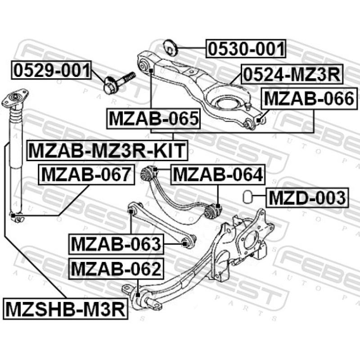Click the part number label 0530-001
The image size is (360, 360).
pyautogui.click(x=246, y=49)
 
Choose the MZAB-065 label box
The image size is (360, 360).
pyautogui.click(x=153, y=119)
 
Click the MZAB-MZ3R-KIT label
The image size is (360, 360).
pyautogui.click(x=107, y=150)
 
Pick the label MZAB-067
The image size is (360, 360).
pyautogui.click(x=87, y=174)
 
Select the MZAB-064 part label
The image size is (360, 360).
pyautogui.click(x=217, y=174)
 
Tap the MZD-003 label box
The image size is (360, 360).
pyautogui.click(x=307, y=197)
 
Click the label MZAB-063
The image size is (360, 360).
pyautogui.click(x=116, y=244)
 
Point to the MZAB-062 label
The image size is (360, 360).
pyautogui.click(x=116, y=269)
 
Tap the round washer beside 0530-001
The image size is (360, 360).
pyautogui.click(x=171, y=46)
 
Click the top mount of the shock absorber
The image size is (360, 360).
pyautogui.click(x=15, y=99)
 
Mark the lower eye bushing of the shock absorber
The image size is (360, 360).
pyautogui.click(x=17, y=218)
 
